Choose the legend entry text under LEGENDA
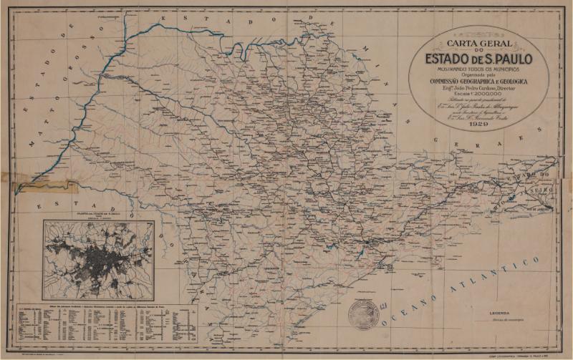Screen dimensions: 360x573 (504, 320)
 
